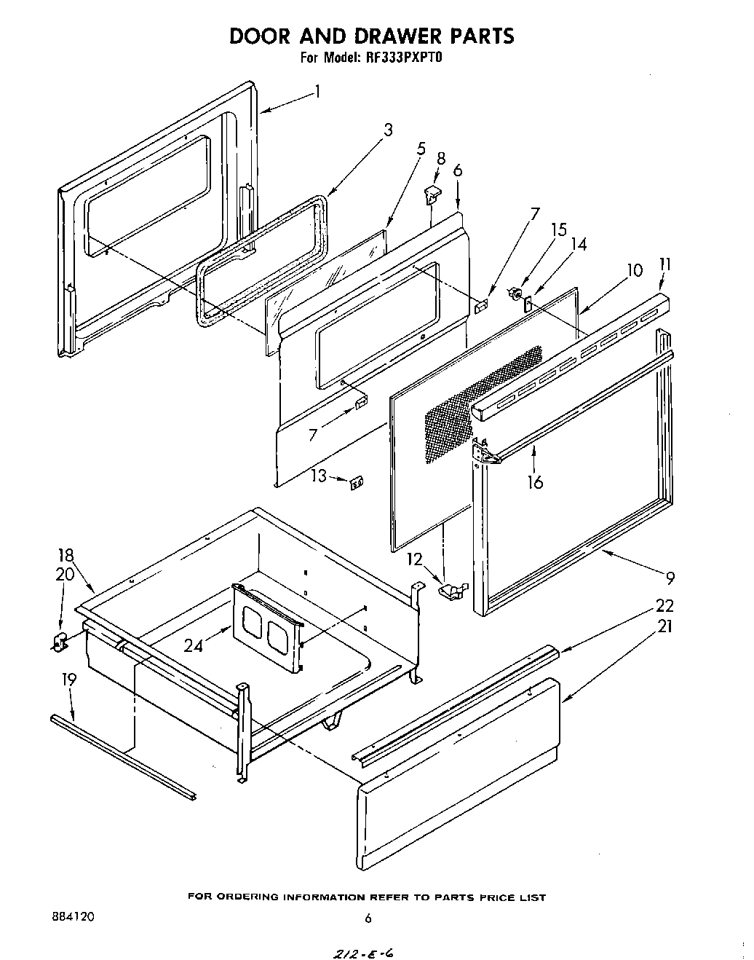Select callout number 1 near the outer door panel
click(317, 92)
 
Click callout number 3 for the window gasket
click(388, 130)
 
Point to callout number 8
click(441, 159)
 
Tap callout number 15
click(558, 230)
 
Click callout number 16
click(535, 481)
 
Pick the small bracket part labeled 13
click(357, 483)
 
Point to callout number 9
click(670, 578)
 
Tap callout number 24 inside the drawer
click(194, 645)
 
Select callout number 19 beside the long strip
click(69, 680)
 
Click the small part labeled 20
click(59, 641)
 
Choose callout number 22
click(664, 606)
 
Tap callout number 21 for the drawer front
click(664, 626)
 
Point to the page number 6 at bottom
click(368, 918)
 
